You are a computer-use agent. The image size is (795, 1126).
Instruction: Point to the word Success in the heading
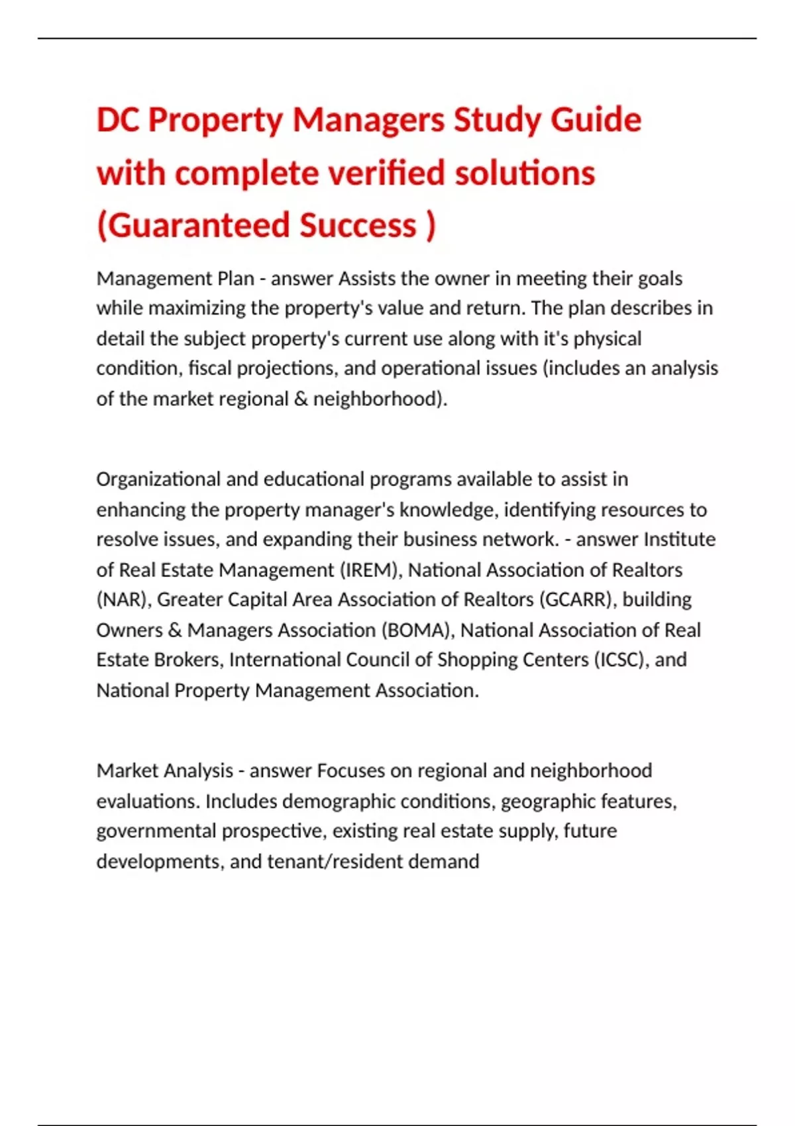click(x=358, y=226)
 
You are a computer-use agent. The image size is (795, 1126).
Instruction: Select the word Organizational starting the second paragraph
click(x=158, y=479)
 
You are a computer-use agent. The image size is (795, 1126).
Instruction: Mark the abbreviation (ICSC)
click(x=620, y=660)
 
